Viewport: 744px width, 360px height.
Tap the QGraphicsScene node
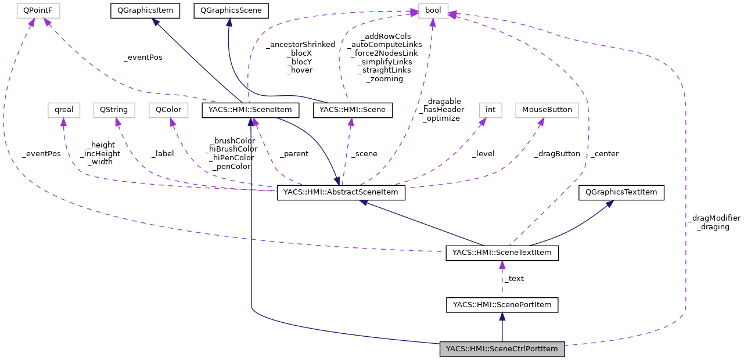231,10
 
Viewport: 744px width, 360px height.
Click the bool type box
433,10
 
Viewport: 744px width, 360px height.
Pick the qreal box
63,110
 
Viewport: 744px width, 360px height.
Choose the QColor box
169,110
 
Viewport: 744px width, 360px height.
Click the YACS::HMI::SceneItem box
250,110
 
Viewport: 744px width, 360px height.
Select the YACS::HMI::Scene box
353,110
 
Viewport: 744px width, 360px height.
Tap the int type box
490,110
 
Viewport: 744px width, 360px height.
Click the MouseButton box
547,110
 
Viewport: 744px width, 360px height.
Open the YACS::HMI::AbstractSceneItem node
341,193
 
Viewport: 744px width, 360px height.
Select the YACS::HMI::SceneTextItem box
502,253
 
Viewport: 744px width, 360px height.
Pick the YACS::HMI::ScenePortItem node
502,305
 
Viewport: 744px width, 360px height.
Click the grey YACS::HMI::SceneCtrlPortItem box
502,349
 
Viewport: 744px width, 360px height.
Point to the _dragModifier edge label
714,218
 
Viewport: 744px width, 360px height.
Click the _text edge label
514,279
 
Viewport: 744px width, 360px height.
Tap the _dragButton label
557,154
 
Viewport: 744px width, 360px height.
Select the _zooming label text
384,79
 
